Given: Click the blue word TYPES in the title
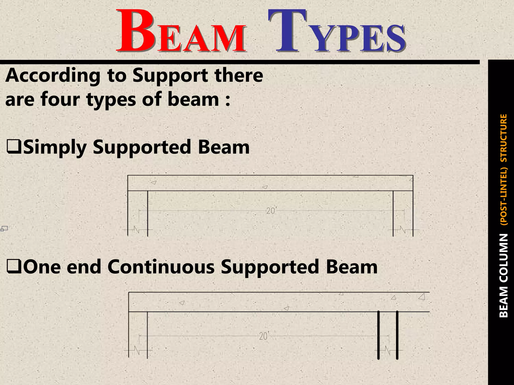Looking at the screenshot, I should pyautogui.click(x=336, y=31).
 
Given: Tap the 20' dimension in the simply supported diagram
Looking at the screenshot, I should pyautogui.click(x=271, y=211).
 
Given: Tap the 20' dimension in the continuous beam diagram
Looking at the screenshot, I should pyautogui.click(x=264, y=336).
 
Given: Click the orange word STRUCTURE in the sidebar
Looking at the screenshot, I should pyautogui.click(x=503, y=138).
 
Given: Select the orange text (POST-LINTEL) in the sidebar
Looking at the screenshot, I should pyautogui.click(x=503, y=196).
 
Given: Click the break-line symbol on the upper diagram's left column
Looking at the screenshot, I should pyautogui.click(x=137, y=230).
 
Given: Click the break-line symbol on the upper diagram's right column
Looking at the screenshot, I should pyautogui.click(x=403, y=230).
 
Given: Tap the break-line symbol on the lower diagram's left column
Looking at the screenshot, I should pyautogui.click(x=137, y=350).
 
